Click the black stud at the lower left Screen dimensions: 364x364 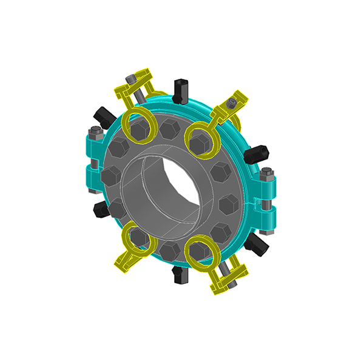click(x=100, y=209)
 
